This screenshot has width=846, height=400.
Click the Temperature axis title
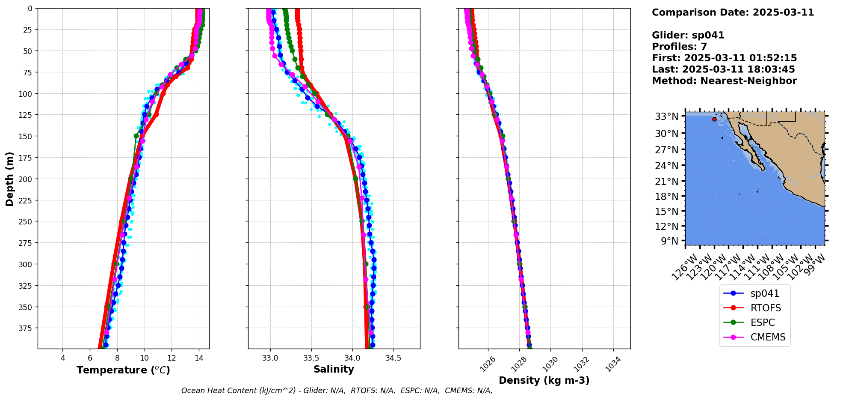click(123, 370)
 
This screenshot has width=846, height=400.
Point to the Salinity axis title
click(334, 369)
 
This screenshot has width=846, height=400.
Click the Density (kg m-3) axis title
click(544, 380)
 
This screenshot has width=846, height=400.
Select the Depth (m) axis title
click(9, 179)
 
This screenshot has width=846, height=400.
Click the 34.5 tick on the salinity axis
click(393, 358)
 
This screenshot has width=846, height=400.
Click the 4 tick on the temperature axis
click(63, 358)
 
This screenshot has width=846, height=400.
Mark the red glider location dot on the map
click(714, 119)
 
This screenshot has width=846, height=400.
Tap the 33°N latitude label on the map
click(666, 116)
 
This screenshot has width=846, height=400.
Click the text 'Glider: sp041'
click(688, 35)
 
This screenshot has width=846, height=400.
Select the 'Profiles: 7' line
click(679, 47)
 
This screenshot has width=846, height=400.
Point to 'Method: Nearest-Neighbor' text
click(724, 81)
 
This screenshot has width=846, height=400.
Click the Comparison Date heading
click(733, 12)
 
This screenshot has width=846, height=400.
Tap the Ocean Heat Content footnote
click(337, 391)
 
